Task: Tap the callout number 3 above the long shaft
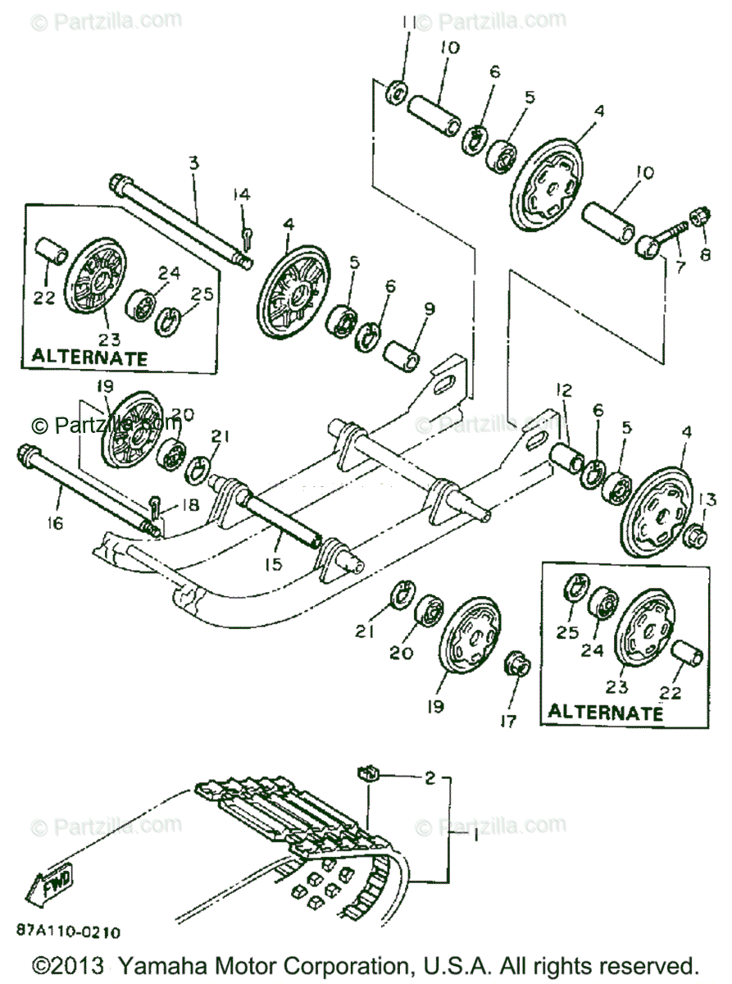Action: (193, 162)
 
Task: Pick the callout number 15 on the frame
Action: (274, 564)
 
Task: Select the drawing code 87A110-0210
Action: (68, 932)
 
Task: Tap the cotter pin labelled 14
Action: (248, 238)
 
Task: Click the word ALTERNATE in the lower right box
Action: (605, 713)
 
